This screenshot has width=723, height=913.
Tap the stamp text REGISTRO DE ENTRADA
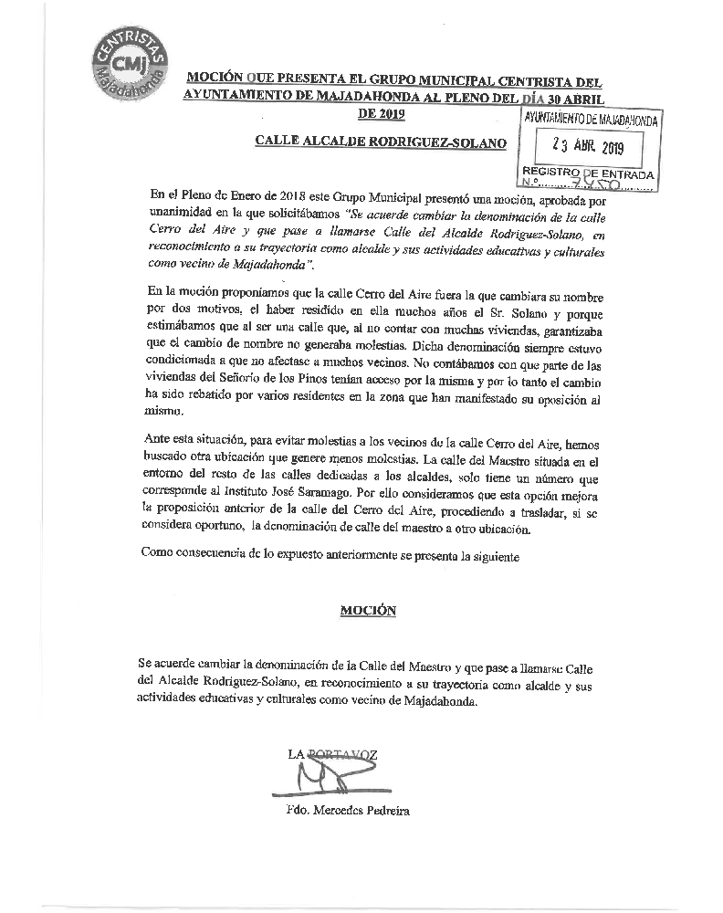[587, 173]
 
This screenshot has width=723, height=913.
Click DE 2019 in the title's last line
[380, 113]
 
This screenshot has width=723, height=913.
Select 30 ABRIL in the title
[572, 95]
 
